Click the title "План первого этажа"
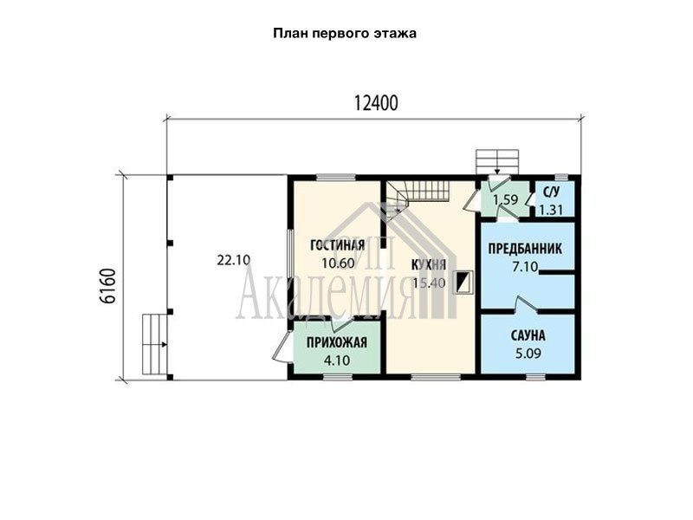click(x=345, y=34)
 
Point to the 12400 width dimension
click(x=376, y=103)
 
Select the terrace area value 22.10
click(x=233, y=260)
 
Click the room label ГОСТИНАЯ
click(x=337, y=245)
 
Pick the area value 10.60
click(x=338, y=263)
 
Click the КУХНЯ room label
click(x=428, y=265)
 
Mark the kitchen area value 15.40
click(x=429, y=283)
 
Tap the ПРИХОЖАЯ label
click(x=337, y=342)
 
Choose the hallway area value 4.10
click(x=337, y=361)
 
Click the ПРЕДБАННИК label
click(x=525, y=249)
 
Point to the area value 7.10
click(x=525, y=267)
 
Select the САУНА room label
click(x=528, y=335)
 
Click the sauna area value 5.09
click(x=528, y=354)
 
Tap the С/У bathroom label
click(x=551, y=192)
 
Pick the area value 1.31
click(x=551, y=210)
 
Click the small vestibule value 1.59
click(x=506, y=200)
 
